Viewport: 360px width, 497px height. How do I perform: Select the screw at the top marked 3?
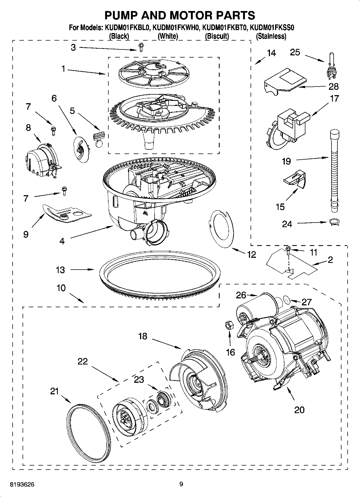coord(141,48)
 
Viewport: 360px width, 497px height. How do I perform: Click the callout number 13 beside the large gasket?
coord(60,270)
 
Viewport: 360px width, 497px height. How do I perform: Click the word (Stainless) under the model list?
coord(271,36)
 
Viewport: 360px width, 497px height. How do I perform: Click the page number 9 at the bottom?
coord(181,484)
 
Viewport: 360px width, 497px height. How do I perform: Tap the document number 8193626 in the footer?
coord(22,484)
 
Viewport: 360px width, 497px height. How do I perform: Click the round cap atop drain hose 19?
coord(334,133)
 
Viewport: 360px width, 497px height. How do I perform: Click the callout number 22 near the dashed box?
coord(83,362)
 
